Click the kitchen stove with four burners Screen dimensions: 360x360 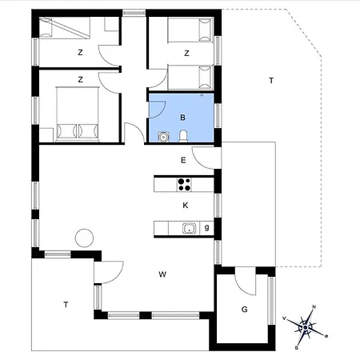[x=184, y=185]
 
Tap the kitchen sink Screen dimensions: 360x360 [x=189, y=229]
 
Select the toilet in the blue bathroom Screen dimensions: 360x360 [x=183, y=136]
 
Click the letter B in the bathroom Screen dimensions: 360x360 [x=182, y=118]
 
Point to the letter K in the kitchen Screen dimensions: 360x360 [x=186, y=206]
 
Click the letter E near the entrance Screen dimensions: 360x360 [x=183, y=160]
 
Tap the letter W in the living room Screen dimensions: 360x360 [x=162, y=274]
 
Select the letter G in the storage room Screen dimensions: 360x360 [x=244, y=310]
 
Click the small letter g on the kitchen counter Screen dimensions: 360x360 [x=206, y=228]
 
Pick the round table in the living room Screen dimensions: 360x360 [x=84, y=238]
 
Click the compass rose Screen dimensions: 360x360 [x=305, y=327]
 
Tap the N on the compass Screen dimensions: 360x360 [x=314, y=307]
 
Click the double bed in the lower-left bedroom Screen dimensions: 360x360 [x=78, y=114]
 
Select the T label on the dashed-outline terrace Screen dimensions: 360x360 [x=271, y=81]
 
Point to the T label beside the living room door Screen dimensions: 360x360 [x=66, y=304]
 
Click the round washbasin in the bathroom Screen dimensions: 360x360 [x=163, y=137]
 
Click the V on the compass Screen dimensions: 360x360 [x=284, y=318]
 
